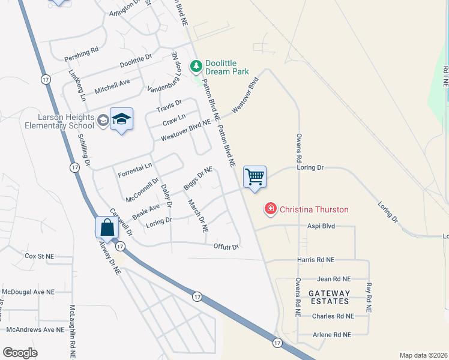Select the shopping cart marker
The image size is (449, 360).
pyautogui.click(x=255, y=177)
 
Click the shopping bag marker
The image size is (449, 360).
pyautogui.click(x=107, y=228)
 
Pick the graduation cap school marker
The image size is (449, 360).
pyautogui.click(x=121, y=119)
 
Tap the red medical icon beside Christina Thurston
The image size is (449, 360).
pyautogui.click(x=271, y=209)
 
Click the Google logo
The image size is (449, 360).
pyautogui.click(x=20, y=352)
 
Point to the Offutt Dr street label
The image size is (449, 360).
pyautogui.click(x=226, y=247)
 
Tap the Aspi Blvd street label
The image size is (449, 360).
pyautogui.click(x=321, y=227)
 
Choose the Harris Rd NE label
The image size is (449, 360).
pyautogui.click(x=316, y=260)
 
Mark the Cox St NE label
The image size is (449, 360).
pyautogui.click(x=39, y=256)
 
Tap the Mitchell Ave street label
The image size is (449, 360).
pyautogui.click(x=112, y=86)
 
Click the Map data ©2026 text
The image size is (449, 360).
pyautogui.click(x=423, y=355)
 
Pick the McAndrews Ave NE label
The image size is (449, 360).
pyautogui.click(x=35, y=329)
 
